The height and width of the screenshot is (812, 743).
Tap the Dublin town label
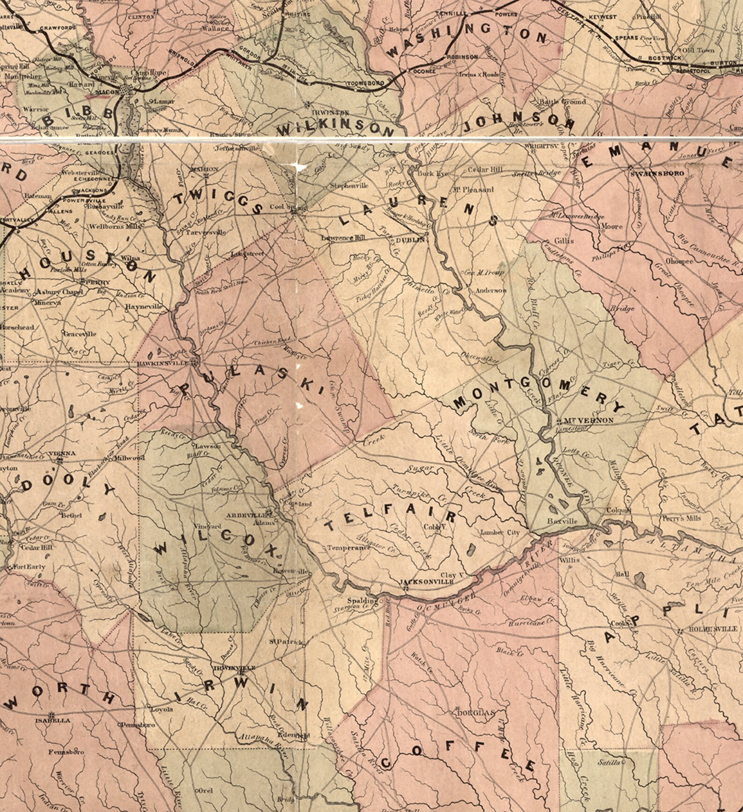point(410,240)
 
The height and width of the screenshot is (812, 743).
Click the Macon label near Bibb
point(107,92)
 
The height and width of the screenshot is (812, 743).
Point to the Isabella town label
point(53,721)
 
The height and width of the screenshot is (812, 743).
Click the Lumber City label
point(500,533)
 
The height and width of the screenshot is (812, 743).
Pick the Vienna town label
point(62,453)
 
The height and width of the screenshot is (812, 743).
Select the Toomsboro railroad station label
point(365,83)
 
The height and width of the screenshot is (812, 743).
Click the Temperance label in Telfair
point(349,547)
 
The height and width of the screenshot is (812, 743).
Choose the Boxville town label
point(562,521)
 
